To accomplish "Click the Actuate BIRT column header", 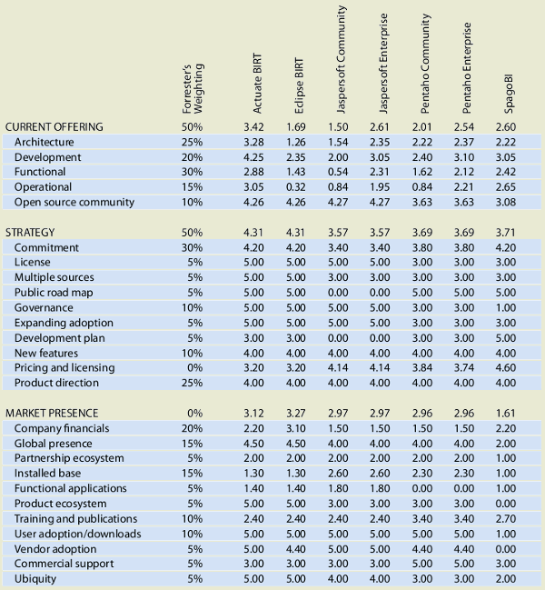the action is click(257, 83).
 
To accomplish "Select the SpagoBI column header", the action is click(509, 94).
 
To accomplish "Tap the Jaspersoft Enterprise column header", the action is click(383, 64).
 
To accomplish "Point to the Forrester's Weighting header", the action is click(193, 88).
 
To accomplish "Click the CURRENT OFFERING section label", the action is click(54, 126).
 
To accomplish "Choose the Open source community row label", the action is click(74, 202).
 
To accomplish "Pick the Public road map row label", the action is click(54, 293).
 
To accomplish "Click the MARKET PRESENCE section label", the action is click(52, 413).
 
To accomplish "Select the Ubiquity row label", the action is click(35, 579).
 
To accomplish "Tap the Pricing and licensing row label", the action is click(64, 367).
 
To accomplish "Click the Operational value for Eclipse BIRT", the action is click(296, 187).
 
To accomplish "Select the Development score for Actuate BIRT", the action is click(253, 157).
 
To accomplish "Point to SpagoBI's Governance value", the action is click(506, 307).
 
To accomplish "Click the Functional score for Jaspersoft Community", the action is click(338, 172).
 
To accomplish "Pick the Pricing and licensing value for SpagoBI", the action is click(506, 367).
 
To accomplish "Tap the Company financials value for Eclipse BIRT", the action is click(296, 428).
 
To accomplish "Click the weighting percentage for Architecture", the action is click(192, 142).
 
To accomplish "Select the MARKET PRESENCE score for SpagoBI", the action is click(506, 413).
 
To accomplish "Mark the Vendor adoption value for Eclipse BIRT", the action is click(296, 548).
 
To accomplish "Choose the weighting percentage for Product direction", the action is click(192, 383).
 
